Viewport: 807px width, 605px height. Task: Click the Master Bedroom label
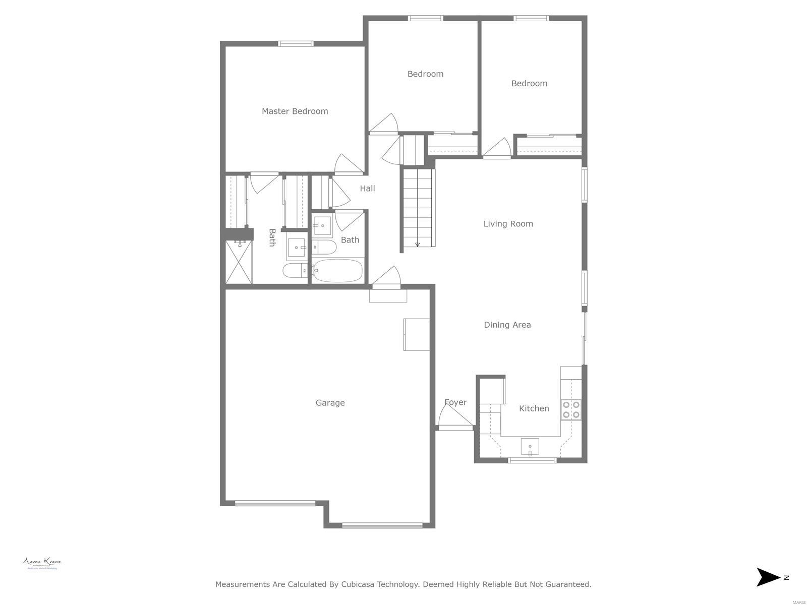(295, 111)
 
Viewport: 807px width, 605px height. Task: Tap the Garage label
(330, 403)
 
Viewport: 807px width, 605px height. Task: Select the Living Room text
(508, 224)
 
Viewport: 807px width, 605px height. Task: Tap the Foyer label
(455, 402)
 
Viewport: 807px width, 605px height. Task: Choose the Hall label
(367, 189)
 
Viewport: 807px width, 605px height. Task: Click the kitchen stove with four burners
(571, 410)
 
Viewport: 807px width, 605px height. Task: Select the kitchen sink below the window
(530, 446)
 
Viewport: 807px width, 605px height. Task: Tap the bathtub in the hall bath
(337, 271)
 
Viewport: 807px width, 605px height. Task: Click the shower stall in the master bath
(239, 262)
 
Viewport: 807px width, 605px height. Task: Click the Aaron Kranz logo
(42, 563)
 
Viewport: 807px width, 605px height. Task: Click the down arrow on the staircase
(418, 245)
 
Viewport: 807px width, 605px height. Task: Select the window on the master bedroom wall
(296, 44)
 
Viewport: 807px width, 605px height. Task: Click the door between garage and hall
(386, 278)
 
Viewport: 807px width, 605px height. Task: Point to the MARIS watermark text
(798, 602)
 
